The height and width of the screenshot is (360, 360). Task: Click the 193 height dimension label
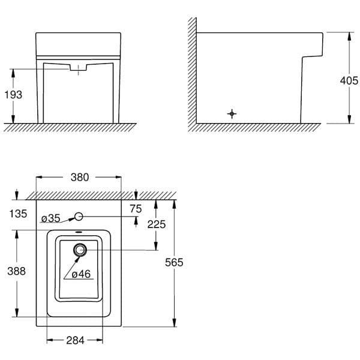tap(13, 95)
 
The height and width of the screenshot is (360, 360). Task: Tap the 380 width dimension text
tap(80, 177)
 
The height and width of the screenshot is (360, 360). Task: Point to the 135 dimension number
tap(19, 213)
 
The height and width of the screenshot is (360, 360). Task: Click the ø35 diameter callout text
tap(51, 218)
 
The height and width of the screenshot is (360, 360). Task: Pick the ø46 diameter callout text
tap(80, 274)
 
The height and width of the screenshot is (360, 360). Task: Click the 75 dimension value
tap(136, 208)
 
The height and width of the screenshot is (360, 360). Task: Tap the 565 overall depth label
tap(173, 262)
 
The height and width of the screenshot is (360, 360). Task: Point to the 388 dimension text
tap(16, 271)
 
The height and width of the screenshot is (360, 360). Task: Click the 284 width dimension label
tap(75, 341)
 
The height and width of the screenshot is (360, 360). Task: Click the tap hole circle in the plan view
tap(79, 217)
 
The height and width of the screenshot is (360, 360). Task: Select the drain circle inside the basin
tap(80, 250)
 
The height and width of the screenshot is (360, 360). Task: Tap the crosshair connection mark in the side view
tap(232, 113)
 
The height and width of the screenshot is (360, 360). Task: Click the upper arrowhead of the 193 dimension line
tap(13, 71)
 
